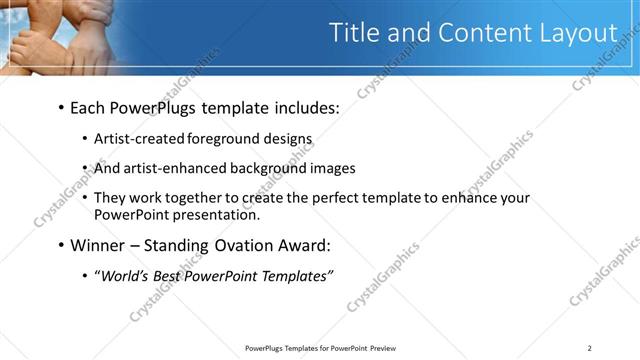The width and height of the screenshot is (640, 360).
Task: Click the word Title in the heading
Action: pyautogui.click(x=356, y=32)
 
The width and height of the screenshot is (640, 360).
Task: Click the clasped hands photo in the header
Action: pyautogui.click(x=60, y=35)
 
